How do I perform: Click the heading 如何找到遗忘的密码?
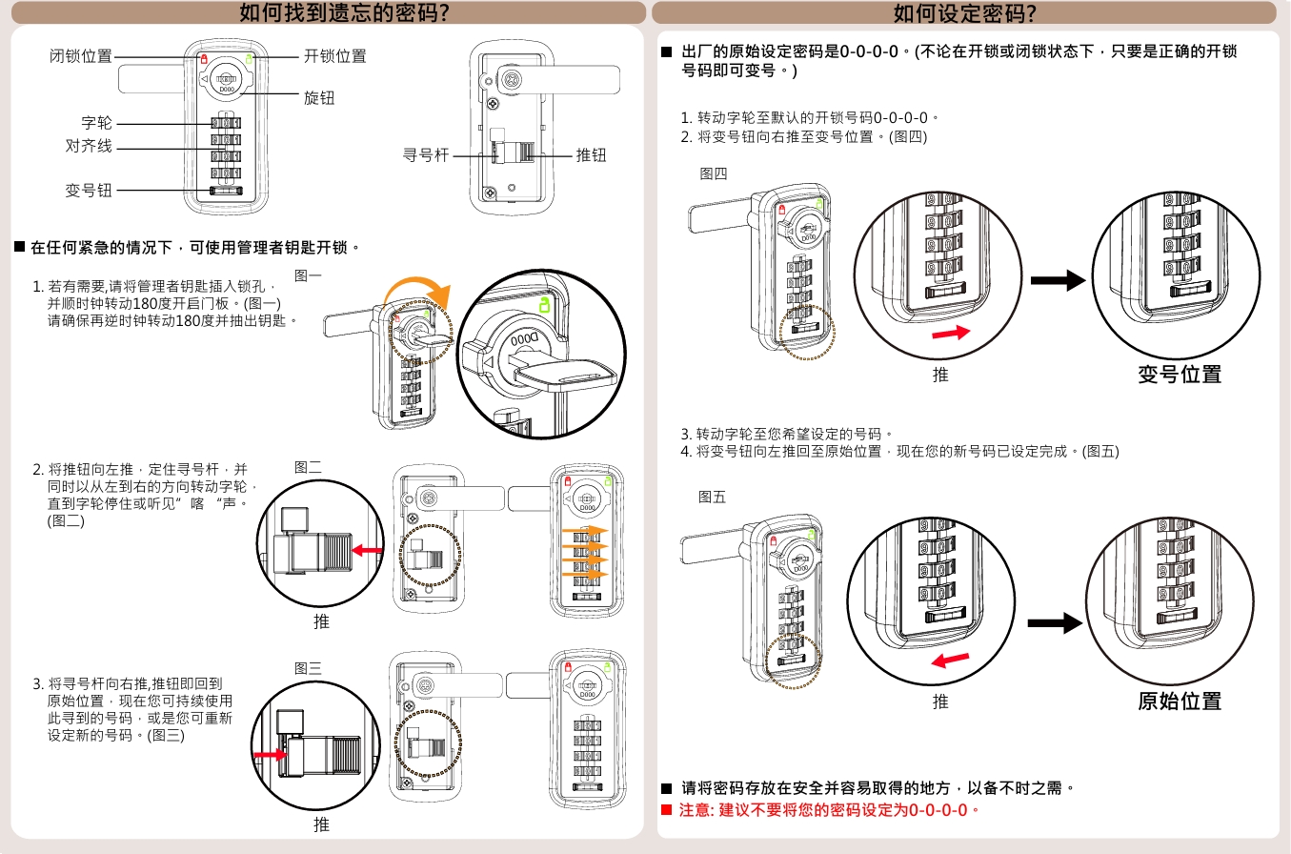click(344, 13)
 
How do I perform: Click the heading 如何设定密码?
click(964, 13)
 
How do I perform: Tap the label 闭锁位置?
click(81, 56)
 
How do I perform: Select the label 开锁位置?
click(335, 56)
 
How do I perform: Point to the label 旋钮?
click(319, 98)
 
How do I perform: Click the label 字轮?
click(96, 123)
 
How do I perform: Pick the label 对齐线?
click(89, 147)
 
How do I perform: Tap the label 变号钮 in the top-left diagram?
click(89, 191)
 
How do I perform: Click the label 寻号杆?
click(426, 155)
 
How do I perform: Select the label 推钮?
click(591, 155)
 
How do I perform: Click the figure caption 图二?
click(308, 467)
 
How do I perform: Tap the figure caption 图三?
click(308, 669)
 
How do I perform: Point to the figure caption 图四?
click(713, 173)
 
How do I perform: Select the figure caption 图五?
click(712, 497)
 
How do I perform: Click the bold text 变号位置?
click(1180, 375)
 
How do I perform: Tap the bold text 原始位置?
click(1180, 701)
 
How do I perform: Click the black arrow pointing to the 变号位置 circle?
click(1059, 280)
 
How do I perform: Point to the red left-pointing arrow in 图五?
click(950, 661)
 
